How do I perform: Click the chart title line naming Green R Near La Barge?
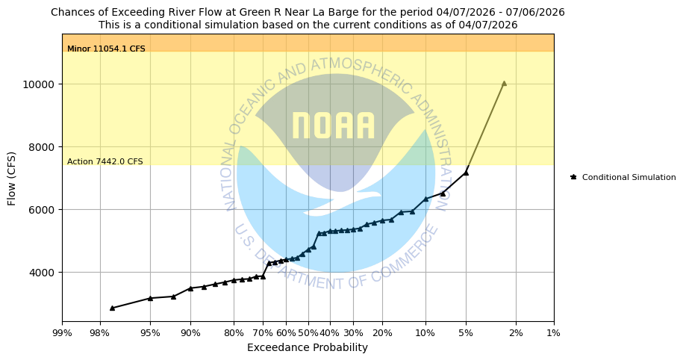pos(308,12)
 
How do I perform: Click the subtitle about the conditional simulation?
pos(308,25)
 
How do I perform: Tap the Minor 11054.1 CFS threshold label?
pos(106,49)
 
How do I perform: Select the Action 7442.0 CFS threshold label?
pos(105,162)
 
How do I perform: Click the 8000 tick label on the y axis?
pos(43,147)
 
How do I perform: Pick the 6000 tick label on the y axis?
pos(43,210)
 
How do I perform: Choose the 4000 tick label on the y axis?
pos(43,273)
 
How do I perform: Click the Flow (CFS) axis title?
pos(12,178)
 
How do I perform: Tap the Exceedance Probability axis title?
pos(308,347)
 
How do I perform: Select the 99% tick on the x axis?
pos(62,332)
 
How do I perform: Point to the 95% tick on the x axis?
pos(150,332)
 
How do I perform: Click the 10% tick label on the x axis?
pos(425,332)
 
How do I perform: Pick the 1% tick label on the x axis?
pos(554,332)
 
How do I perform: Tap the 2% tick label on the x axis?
pos(516,332)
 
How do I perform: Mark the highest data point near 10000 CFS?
pos(504,84)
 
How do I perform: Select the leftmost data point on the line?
pos(112,308)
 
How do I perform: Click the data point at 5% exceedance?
pos(466,173)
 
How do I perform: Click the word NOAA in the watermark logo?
pos(333,126)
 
